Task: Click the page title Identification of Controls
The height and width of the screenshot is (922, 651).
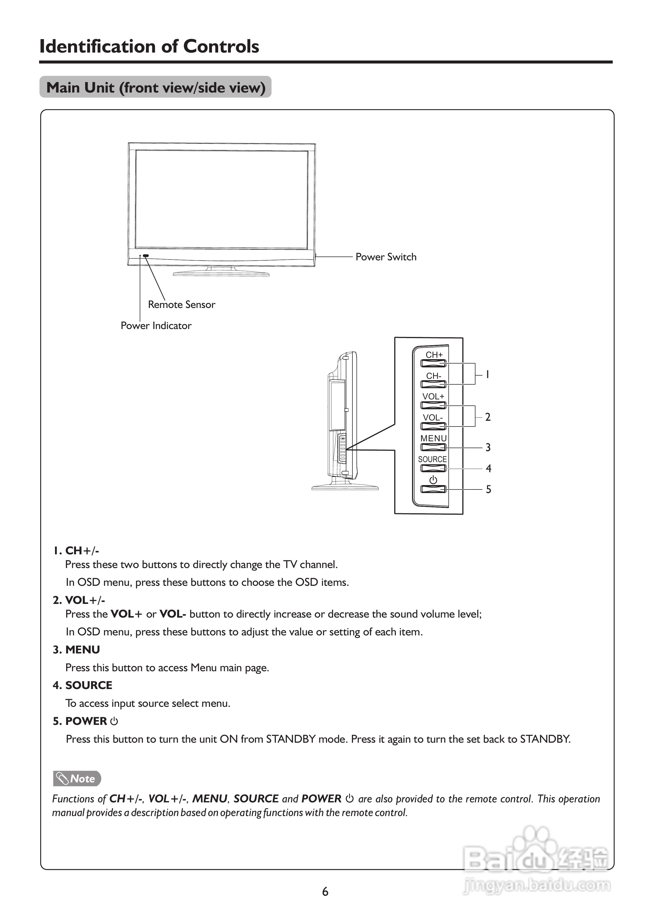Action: (149, 47)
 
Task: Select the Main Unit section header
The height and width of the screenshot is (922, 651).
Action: (156, 87)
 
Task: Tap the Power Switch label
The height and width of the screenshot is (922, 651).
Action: (386, 257)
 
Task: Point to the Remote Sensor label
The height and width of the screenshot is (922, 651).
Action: (181, 304)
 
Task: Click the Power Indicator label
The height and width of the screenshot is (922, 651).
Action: (156, 326)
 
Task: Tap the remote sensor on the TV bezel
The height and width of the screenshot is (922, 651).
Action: (146, 256)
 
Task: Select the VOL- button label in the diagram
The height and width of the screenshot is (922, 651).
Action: (433, 418)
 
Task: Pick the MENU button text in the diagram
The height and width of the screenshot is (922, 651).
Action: (433, 438)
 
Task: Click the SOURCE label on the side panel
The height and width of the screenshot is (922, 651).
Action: (432, 459)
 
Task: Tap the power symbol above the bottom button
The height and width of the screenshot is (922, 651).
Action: (433, 480)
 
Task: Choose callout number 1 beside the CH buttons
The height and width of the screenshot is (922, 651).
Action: (487, 374)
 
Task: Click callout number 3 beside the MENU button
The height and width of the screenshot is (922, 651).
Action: (488, 447)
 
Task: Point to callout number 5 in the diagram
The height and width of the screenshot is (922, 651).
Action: (488, 489)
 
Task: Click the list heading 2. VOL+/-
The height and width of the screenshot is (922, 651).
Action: (79, 600)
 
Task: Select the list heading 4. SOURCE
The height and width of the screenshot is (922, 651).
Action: (83, 685)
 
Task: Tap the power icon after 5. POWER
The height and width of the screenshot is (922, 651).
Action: (114, 721)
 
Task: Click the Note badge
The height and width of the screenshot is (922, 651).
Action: (77, 779)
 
